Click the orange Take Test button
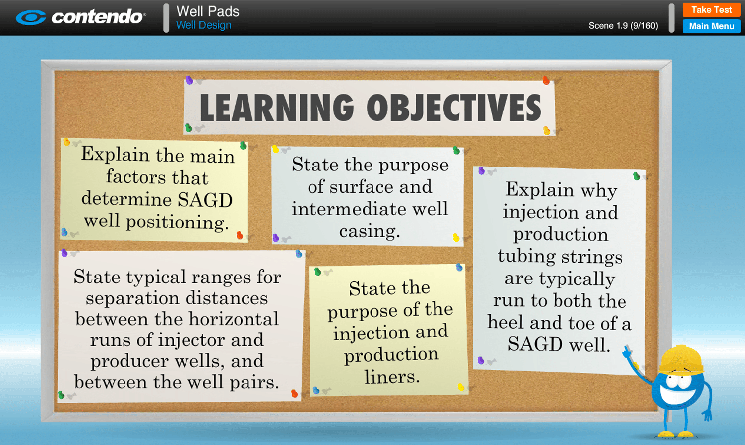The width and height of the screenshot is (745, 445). (x=711, y=10)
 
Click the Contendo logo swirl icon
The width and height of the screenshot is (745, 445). (x=31, y=18)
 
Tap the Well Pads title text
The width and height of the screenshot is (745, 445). (x=207, y=11)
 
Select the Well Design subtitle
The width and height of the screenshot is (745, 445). (x=203, y=25)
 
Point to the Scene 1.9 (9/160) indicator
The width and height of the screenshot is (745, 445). (x=623, y=26)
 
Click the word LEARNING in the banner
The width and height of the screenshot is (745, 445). (x=277, y=108)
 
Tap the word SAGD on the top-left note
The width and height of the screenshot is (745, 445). (x=205, y=200)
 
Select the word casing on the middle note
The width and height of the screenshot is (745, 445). (x=369, y=231)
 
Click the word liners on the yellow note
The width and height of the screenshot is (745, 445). (x=392, y=377)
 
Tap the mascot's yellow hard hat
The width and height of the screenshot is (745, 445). (x=682, y=359)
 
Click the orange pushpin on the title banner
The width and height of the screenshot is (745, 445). (x=546, y=80)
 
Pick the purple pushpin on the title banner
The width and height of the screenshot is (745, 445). (x=189, y=80)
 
